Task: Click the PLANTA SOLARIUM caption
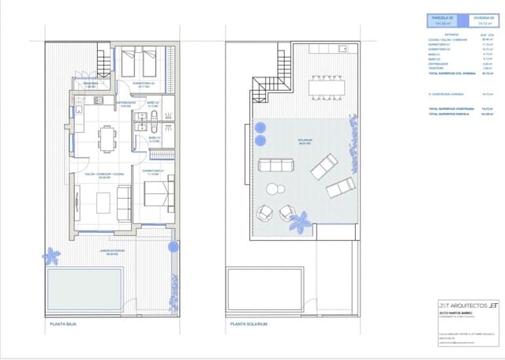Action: (x=249, y=324)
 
